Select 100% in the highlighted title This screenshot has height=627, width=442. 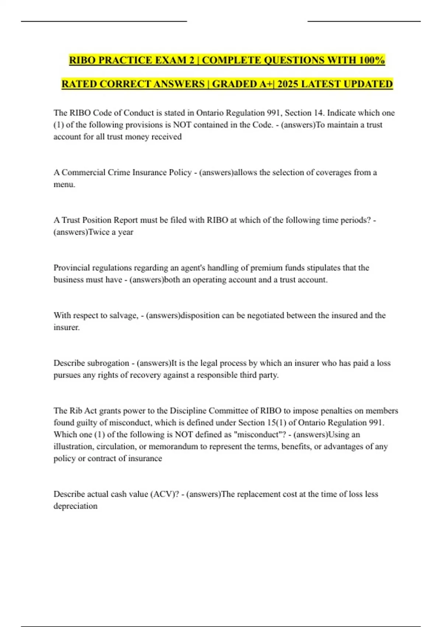tap(372, 60)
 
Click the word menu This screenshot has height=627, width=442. tap(64, 184)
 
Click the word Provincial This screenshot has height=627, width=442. tap(71, 268)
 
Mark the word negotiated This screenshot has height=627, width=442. tap(266, 315)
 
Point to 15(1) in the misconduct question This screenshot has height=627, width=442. tap(277, 423)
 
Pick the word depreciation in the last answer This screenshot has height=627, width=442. tap(76, 506)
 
